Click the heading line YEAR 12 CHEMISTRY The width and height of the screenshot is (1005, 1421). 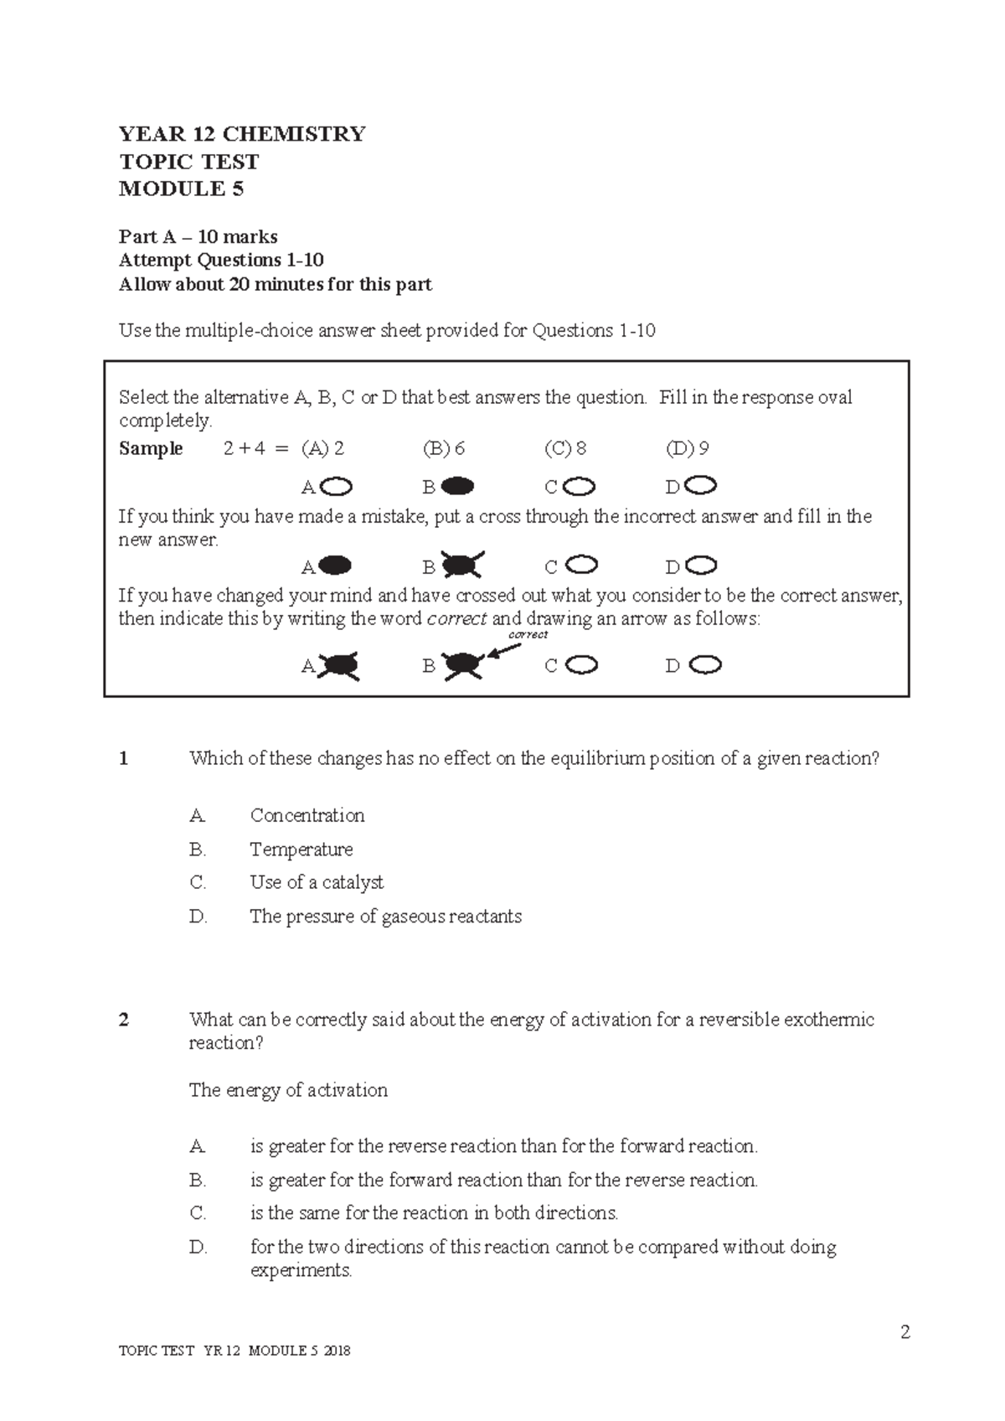[x=242, y=134]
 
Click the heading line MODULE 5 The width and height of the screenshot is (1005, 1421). [x=181, y=189]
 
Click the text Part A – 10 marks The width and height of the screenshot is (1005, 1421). [x=198, y=236]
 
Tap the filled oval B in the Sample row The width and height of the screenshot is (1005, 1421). [x=457, y=486]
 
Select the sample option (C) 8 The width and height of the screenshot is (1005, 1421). [x=565, y=448]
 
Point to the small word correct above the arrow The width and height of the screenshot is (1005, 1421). [x=528, y=634]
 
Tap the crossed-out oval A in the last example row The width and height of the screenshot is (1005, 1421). [x=338, y=665]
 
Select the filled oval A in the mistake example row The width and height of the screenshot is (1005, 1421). [x=335, y=566]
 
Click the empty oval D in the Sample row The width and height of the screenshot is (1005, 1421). [x=702, y=485]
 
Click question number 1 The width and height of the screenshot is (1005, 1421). [x=124, y=758]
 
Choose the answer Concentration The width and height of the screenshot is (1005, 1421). [x=307, y=815]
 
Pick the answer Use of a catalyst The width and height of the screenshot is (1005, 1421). [x=317, y=882]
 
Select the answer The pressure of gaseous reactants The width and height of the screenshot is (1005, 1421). [x=385, y=916]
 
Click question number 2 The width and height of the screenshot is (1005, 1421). [x=124, y=1020]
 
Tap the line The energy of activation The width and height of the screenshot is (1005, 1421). [x=288, y=1090]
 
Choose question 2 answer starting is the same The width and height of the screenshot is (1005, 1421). [x=434, y=1212]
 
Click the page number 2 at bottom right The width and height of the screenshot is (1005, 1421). [x=904, y=1332]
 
